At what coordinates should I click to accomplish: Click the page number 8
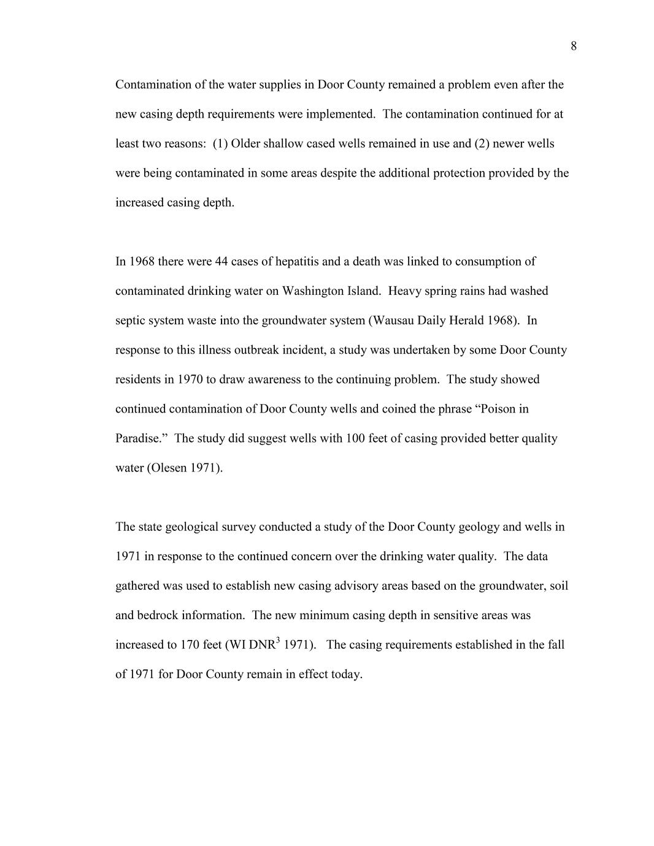click(574, 46)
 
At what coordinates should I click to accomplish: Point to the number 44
click(221, 262)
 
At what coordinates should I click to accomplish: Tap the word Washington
click(313, 291)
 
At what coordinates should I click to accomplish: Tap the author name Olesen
click(168, 468)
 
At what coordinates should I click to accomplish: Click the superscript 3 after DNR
click(278, 641)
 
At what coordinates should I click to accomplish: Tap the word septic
click(131, 321)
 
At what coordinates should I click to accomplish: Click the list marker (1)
click(220, 144)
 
